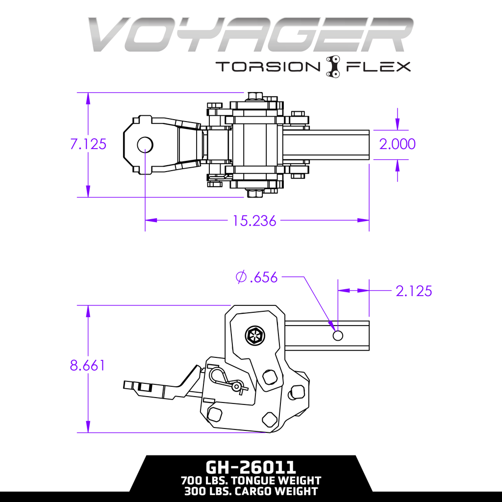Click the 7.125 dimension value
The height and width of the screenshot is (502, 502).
[x=88, y=144]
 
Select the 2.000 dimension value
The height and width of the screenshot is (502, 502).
[x=397, y=144]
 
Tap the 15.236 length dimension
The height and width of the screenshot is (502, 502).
[x=254, y=221]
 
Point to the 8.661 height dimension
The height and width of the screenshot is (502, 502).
[x=87, y=366]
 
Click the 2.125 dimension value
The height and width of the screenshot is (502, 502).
[x=414, y=291]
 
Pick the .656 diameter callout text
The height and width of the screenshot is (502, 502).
[x=264, y=278]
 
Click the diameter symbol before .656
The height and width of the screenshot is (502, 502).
[x=241, y=278]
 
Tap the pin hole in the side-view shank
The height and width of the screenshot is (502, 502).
[x=338, y=336]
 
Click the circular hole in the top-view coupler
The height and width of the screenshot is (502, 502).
[x=145, y=144]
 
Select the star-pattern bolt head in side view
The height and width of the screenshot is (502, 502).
[x=254, y=336]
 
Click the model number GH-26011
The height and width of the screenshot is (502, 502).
[x=251, y=466]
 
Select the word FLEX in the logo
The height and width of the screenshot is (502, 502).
[x=378, y=66]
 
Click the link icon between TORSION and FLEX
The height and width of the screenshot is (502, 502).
[x=333, y=66]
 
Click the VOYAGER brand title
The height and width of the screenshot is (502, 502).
[x=251, y=35]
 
